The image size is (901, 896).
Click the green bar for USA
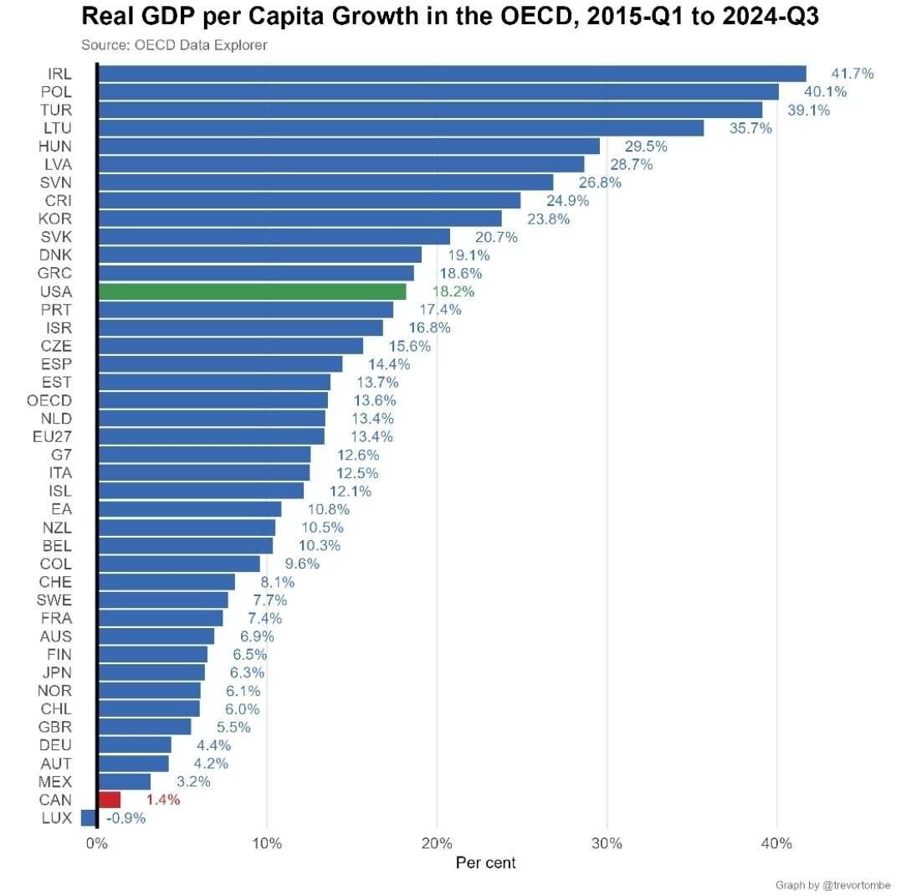coord(251,291)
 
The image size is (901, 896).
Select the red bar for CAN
coord(110,800)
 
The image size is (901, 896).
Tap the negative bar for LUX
coord(89,818)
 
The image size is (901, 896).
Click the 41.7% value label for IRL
coord(852,74)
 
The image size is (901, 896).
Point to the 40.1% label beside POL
coord(825,92)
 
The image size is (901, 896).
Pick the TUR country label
coord(56,110)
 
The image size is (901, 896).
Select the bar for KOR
coord(299,219)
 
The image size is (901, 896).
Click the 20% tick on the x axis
coord(437,843)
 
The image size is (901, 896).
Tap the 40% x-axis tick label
coord(777,843)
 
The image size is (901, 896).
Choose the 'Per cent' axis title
coord(485,863)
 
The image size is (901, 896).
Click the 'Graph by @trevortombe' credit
coord(833,885)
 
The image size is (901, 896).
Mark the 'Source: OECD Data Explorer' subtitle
coord(174,45)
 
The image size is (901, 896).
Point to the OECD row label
coord(49,400)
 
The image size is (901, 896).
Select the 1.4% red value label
coord(162,800)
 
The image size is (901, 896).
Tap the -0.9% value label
coord(125,818)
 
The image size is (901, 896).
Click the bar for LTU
coord(400,128)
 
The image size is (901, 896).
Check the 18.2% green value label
coord(453,291)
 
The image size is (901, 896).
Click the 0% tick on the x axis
coord(97,843)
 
